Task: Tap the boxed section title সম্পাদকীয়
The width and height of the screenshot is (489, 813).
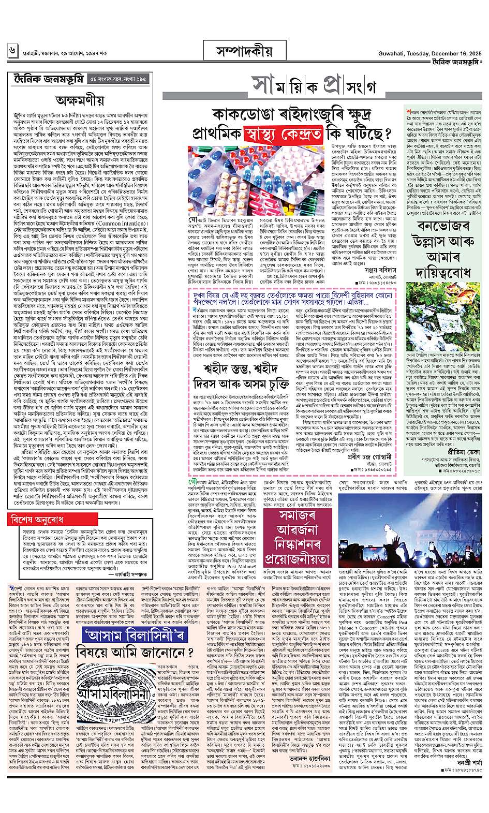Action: (245, 51)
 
